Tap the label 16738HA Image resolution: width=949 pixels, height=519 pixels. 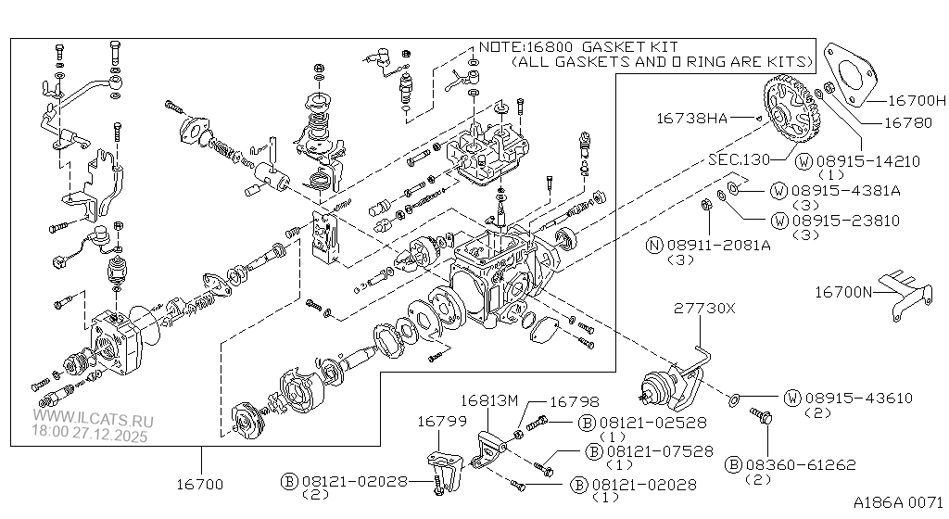(x=691, y=118)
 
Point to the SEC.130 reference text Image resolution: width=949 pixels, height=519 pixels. (x=739, y=159)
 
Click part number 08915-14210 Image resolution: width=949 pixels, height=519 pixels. (x=869, y=160)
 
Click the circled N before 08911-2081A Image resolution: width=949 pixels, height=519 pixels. (x=654, y=245)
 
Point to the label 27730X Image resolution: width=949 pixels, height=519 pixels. (x=703, y=309)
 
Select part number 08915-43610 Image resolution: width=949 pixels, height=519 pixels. (x=861, y=399)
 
